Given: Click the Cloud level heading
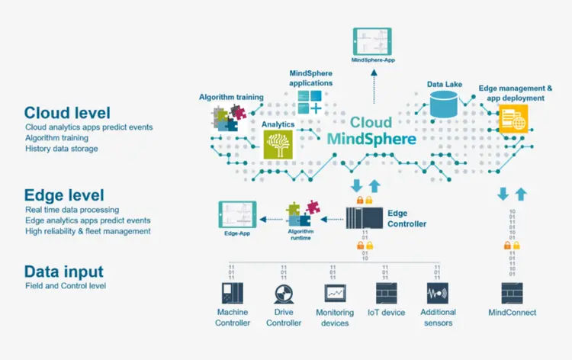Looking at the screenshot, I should click(67, 113).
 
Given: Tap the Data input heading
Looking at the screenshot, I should click(63, 272).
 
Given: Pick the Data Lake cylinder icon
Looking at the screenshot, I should click(446, 104).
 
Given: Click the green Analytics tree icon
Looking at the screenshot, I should click(278, 143).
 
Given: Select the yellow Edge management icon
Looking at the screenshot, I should click(513, 120).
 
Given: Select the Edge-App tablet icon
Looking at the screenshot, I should click(236, 217).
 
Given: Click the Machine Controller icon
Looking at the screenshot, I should click(230, 294).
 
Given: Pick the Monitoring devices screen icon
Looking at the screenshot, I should click(335, 294).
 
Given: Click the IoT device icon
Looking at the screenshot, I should click(385, 294).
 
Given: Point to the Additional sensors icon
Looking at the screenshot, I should click(437, 294).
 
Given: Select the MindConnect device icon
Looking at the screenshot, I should click(513, 294).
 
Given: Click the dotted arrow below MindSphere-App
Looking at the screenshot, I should click(373, 84).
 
